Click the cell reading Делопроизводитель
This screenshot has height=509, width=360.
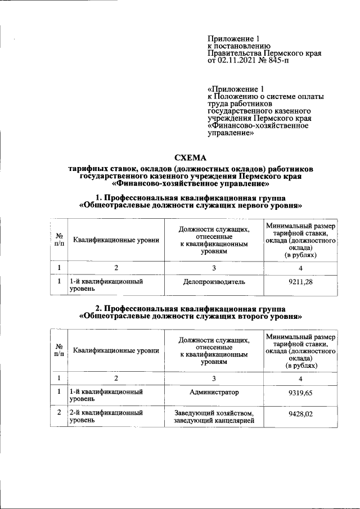pos(214,282)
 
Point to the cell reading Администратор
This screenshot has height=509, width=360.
pos(214,392)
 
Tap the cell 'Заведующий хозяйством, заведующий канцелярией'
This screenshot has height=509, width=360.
pos(214,417)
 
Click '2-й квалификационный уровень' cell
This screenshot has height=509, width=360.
pos(105,417)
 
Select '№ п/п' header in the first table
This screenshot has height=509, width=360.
pos(59,240)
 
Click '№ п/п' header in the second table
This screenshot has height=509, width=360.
pos(59,350)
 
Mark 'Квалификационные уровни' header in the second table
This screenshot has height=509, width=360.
pos(116,350)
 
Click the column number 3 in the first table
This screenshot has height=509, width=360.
pos(214,267)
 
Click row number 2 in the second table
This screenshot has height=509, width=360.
pos(59,413)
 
